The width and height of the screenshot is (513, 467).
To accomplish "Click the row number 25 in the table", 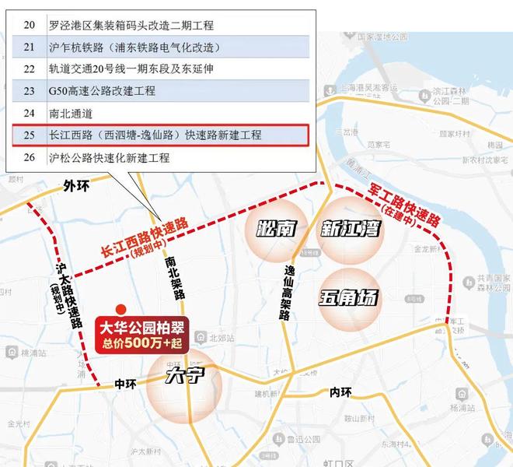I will [x=30, y=135].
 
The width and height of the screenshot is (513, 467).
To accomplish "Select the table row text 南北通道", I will [x=72, y=113].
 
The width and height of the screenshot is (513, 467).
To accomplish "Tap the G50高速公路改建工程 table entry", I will [x=101, y=91].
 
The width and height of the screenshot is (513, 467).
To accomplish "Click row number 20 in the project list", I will [x=30, y=24].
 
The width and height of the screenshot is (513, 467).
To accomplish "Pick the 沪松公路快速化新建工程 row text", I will [x=109, y=158].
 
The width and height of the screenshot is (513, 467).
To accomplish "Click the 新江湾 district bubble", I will [x=350, y=229].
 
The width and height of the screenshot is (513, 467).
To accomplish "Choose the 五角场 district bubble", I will [x=349, y=297].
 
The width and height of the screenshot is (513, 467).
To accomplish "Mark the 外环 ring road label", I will [x=77, y=186].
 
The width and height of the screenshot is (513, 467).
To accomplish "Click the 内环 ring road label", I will [x=340, y=392].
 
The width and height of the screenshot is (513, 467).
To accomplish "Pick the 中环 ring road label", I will [x=124, y=384].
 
